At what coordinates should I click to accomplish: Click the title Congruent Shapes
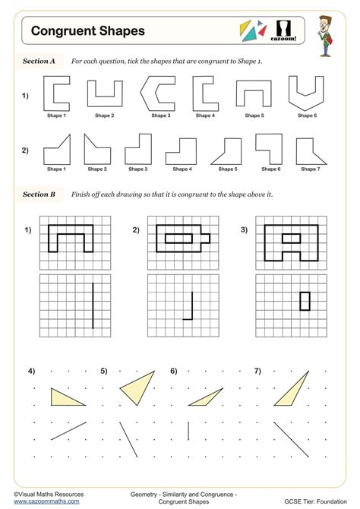tap(77, 31)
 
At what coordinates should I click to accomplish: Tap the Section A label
tap(39, 61)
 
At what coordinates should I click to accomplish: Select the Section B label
tap(39, 194)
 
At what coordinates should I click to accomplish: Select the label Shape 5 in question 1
tap(255, 116)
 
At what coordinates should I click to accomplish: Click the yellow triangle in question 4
tap(65, 397)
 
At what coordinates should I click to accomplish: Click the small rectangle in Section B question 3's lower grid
tap(305, 301)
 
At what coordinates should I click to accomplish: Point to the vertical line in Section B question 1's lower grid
tap(93, 305)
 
